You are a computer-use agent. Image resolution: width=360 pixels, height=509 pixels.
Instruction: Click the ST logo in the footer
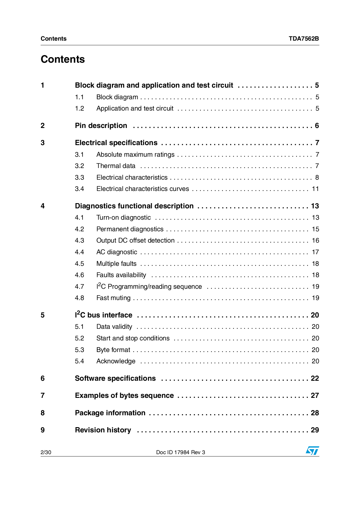pyautogui.click(x=312, y=451)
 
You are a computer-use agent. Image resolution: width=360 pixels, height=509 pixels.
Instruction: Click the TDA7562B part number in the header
pyautogui.click(x=304, y=39)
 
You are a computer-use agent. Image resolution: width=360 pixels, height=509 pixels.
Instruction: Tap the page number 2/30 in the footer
pyautogui.click(x=46, y=452)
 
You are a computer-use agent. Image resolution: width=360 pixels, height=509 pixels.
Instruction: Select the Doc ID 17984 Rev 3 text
pyautogui.click(x=181, y=452)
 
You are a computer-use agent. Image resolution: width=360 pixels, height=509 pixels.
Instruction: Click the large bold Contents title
pyautogui.click(x=63, y=59)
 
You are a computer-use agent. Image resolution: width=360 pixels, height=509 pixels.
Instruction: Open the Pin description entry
pyautogui.click(x=101, y=126)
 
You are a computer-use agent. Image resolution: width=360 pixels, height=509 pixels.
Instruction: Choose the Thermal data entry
pyautogui.click(x=116, y=166)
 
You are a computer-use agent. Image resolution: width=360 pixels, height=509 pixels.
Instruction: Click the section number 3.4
pyautogui.click(x=79, y=189)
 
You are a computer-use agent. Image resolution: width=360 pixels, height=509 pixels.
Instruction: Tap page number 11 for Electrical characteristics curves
pyautogui.click(x=315, y=189)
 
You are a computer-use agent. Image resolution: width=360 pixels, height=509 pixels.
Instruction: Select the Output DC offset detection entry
pyautogui.click(x=135, y=240)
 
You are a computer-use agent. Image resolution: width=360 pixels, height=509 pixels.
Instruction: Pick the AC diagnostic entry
pyautogui.click(x=117, y=252)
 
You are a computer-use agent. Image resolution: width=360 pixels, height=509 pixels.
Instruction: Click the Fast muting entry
pyautogui.click(x=114, y=298)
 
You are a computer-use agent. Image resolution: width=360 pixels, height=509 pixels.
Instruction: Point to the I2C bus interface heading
pyautogui.click(x=104, y=315)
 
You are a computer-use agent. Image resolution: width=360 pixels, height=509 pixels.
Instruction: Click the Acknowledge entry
pyautogui.click(x=116, y=361)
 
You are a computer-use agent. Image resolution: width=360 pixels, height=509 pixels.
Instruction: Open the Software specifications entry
pyautogui.click(x=115, y=378)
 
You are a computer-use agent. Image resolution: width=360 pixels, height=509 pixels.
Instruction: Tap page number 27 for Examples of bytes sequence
pyautogui.click(x=315, y=396)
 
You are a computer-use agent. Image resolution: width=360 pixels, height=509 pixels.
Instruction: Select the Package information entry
pyautogui.click(x=110, y=413)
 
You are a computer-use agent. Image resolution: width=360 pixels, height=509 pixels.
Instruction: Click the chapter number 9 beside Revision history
pyautogui.click(x=43, y=430)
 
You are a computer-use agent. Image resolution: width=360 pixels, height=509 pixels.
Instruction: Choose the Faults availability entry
pyautogui.click(x=121, y=275)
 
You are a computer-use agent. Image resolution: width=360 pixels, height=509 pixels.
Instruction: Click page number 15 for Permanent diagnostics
pyautogui.click(x=315, y=229)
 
